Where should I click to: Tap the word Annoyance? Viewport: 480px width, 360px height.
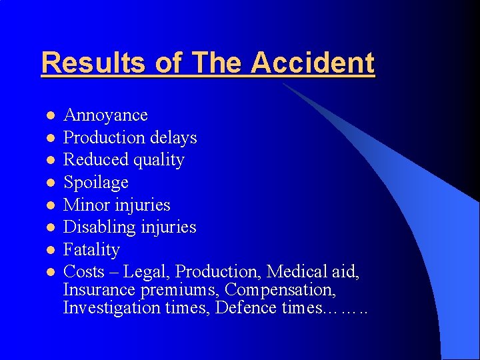pos(105,115)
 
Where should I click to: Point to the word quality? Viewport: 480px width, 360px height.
pos(159,161)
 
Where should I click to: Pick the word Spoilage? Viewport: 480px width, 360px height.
pos(95,183)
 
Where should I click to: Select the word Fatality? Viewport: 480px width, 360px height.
pos(91,250)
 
